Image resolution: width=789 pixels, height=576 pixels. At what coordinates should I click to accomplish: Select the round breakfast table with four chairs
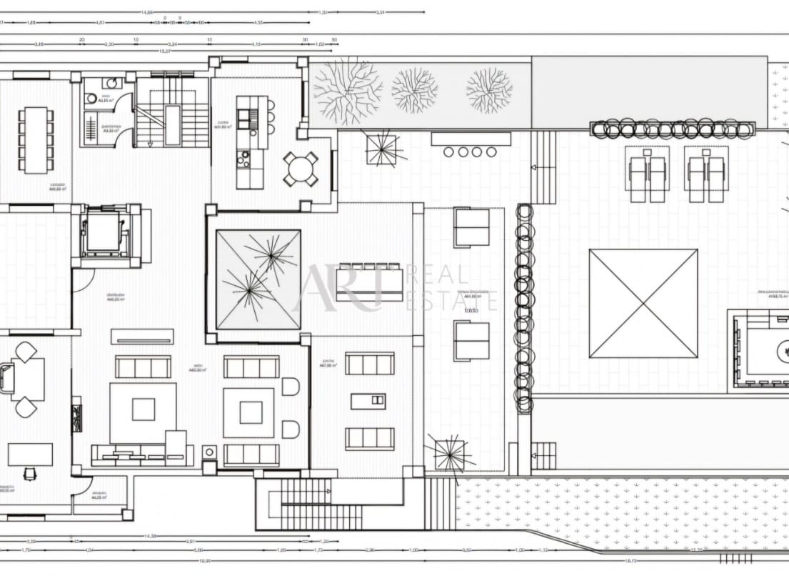301,169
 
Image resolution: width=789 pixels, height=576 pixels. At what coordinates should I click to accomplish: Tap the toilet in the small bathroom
110,84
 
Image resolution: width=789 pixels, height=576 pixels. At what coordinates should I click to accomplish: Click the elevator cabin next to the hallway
104,235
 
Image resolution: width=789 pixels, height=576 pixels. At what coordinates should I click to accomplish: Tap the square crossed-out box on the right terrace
643,303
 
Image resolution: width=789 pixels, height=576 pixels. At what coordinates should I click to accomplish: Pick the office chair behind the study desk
29,472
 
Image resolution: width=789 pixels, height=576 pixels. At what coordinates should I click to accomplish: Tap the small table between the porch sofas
368,402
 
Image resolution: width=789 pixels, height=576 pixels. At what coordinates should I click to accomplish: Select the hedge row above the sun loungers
672,129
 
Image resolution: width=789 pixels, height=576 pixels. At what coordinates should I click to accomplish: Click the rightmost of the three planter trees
489,91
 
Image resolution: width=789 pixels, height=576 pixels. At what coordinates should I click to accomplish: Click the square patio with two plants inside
258,279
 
